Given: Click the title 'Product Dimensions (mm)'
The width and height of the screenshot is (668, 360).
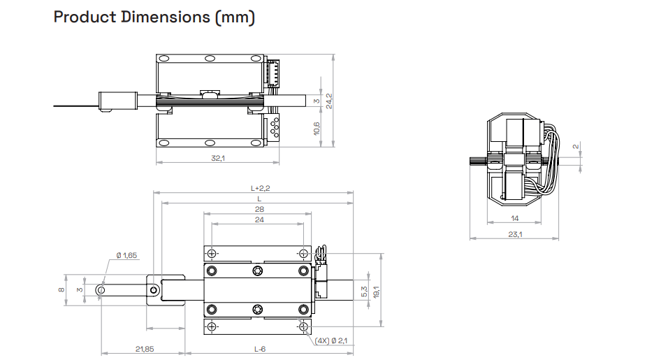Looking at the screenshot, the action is tap(154, 17).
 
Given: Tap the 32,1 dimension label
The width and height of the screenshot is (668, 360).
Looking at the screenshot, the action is tap(218, 158).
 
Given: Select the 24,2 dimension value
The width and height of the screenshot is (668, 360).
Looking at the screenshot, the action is tap(329, 101).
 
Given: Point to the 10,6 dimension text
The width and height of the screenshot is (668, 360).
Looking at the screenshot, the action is tap(317, 129).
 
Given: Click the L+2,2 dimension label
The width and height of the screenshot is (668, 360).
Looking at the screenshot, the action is tap(261, 188).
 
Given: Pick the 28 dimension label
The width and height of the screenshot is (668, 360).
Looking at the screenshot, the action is tap(259, 209).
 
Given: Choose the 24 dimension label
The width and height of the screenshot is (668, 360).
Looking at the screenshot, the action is tap(259, 219).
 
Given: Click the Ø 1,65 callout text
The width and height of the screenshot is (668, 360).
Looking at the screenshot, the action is tap(126, 256).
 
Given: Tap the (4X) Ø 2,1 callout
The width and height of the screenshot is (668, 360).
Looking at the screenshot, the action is tap(331, 341).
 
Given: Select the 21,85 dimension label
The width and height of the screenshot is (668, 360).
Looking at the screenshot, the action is tap(145, 349).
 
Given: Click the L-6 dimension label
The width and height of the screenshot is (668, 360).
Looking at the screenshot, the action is tap(260, 349).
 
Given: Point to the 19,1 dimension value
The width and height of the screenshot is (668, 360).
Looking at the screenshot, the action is tap(376, 291).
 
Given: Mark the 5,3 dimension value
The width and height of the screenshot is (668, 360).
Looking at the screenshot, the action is tap(364, 291).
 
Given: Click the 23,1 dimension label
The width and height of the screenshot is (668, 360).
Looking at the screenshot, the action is tap(515, 234).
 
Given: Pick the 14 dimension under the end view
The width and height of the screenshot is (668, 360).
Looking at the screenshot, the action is tap(515, 219).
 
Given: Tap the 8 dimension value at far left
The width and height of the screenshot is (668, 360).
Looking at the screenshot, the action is tap(61, 289).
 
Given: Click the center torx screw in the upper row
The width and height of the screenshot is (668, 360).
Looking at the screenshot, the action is tap(258, 271).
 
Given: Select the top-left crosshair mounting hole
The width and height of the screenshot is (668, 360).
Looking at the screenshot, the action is tap(212, 254).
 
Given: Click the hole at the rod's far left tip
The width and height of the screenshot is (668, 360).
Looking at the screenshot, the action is tap(101, 290).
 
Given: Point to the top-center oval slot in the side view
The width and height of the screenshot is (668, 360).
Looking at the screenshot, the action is tap(210, 58).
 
